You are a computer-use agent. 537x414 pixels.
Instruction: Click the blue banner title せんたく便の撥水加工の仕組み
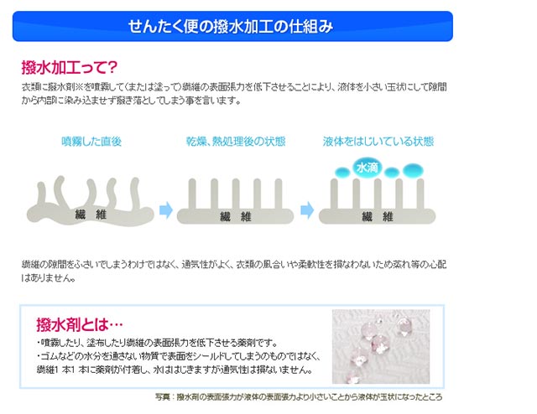point(231,26)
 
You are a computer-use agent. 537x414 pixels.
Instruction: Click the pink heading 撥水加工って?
point(69,67)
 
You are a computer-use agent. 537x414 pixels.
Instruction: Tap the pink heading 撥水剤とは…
point(80,324)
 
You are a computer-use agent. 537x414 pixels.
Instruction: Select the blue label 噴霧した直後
point(91,142)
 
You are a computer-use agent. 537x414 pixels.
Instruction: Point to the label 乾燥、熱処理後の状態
point(236,142)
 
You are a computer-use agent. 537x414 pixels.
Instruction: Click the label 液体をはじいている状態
point(378,142)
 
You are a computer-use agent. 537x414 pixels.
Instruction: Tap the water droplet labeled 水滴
point(368,168)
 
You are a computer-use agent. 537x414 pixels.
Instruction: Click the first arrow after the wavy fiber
point(166,210)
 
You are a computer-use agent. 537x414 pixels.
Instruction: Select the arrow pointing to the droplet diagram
point(307,210)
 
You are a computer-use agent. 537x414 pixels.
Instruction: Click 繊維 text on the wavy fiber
point(91,215)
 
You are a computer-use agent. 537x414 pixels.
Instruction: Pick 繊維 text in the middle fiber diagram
point(236,216)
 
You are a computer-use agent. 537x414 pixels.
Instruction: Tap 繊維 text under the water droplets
point(378,216)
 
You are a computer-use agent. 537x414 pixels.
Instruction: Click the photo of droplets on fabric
point(381,347)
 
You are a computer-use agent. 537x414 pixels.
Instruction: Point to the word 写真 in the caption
point(162,397)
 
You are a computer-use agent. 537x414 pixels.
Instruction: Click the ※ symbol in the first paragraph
point(79,87)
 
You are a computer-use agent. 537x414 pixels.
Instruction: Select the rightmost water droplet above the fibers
point(413,170)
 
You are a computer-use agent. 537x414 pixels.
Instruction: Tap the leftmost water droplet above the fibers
point(342,172)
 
